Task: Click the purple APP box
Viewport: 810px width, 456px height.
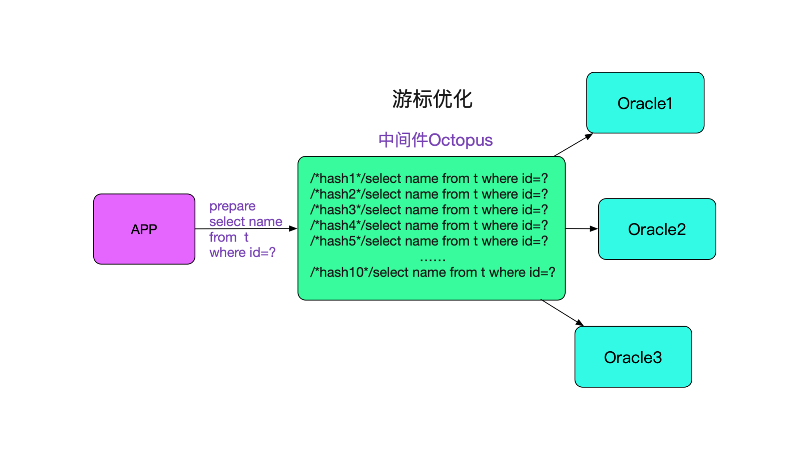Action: (144, 229)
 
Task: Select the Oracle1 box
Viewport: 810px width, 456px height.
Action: (645, 103)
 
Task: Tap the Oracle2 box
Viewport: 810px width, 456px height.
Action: (657, 229)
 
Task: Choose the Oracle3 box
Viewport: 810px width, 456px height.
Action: (633, 357)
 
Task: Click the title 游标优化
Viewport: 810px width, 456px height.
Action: (432, 99)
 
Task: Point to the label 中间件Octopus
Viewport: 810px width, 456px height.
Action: (435, 140)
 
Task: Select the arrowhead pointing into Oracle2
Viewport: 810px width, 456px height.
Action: (594, 229)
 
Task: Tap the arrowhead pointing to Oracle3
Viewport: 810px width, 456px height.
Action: (580, 323)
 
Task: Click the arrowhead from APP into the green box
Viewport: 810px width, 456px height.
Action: (293, 229)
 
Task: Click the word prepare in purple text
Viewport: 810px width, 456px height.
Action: (232, 206)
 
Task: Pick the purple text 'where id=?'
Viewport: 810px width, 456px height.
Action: (243, 252)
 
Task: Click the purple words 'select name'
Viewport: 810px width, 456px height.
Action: (246, 222)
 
